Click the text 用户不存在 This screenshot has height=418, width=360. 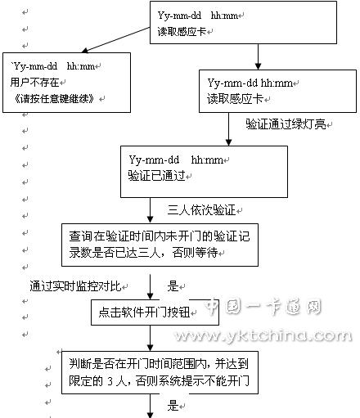(x=34, y=82)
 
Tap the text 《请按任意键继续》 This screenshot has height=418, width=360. (x=53, y=98)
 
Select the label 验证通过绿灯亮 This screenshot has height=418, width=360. (x=286, y=124)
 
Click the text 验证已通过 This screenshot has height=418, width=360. (x=157, y=176)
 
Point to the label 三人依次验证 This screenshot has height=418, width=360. (x=201, y=210)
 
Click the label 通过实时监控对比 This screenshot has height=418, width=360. (x=75, y=286)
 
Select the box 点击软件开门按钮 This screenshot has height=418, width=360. (x=155, y=312)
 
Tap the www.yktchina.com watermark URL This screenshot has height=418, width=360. (x=263, y=335)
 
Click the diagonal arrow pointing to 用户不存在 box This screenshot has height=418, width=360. (x=116, y=39)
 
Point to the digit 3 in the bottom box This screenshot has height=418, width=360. (x=110, y=381)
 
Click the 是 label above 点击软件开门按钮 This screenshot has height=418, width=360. (x=173, y=286)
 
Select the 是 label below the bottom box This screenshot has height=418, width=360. (x=173, y=406)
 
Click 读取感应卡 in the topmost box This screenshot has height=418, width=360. (x=182, y=32)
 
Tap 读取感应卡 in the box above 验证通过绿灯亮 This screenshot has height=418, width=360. (x=235, y=99)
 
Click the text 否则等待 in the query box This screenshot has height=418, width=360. (x=196, y=253)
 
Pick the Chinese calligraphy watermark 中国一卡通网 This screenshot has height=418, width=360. (x=263, y=307)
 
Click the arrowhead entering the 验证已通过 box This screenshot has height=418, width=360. (x=229, y=142)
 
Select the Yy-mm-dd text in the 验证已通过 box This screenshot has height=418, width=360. (x=154, y=160)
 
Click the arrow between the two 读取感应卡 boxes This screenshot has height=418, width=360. (x=258, y=56)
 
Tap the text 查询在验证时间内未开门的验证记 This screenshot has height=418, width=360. (x=160, y=236)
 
